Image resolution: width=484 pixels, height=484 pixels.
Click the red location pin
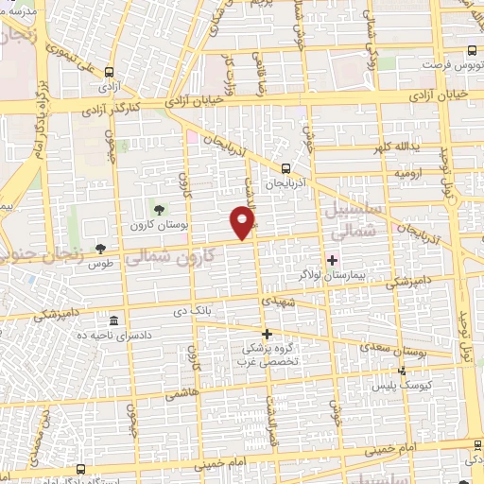(x=246, y=222)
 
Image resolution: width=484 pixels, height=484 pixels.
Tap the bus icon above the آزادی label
(x=111, y=71)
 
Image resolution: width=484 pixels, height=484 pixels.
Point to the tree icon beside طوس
(x=101, y=249)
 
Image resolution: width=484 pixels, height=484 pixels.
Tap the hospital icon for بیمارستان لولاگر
(x=332, y=260)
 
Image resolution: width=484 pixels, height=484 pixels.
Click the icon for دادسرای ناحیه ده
(x=114, y=320)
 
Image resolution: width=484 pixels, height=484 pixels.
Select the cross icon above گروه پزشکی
(x=267, y=333)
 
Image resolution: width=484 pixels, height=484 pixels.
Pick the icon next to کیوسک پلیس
(x=403, y=371)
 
